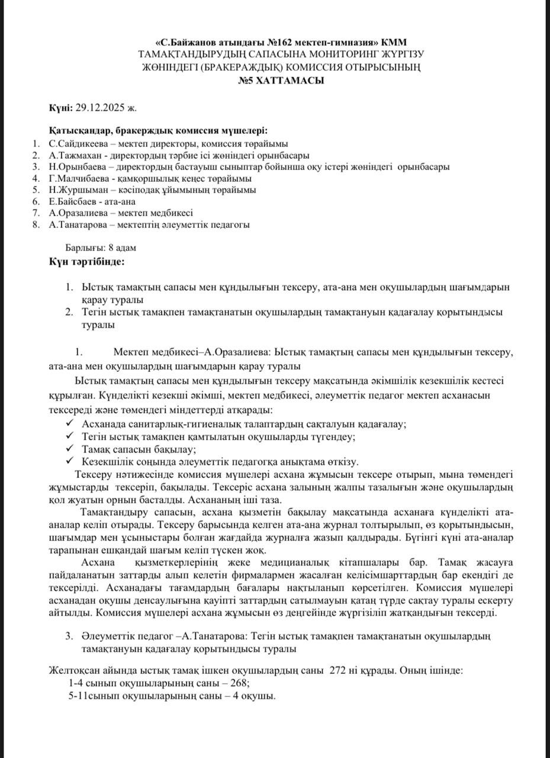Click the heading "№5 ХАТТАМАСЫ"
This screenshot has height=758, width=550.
pos(281,81)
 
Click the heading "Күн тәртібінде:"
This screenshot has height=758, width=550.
pos(87,261)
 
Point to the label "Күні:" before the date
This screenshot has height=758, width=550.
pos(61,107)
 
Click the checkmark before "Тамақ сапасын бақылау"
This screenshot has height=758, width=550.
pos(70,448)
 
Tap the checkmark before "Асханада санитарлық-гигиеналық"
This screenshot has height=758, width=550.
pos(70,423)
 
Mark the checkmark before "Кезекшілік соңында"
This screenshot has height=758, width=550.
pos(70,461)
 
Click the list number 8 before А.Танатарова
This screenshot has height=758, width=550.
pos(36,224)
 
